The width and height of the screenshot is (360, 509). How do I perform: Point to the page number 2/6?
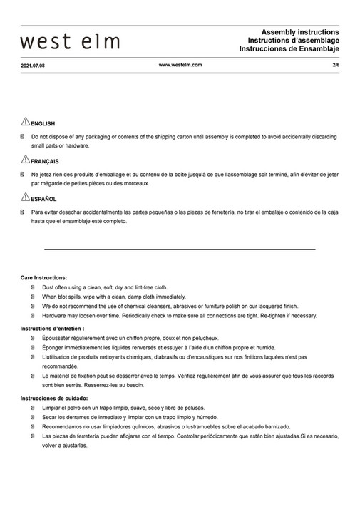336,65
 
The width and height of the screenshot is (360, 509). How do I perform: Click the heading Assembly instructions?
301,33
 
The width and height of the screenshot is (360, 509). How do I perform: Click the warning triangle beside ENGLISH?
25,122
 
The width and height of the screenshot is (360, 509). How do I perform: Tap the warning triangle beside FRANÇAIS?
25,160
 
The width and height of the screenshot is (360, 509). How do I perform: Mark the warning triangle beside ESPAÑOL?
25,197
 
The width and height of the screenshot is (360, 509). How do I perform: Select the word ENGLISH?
43,123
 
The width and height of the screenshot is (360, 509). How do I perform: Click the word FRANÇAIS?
45,161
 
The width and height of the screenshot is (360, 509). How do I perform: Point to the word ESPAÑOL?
44,199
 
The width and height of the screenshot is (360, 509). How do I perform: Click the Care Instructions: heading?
44,277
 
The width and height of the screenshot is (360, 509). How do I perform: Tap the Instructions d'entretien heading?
53,328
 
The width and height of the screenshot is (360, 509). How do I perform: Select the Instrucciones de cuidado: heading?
54,397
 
